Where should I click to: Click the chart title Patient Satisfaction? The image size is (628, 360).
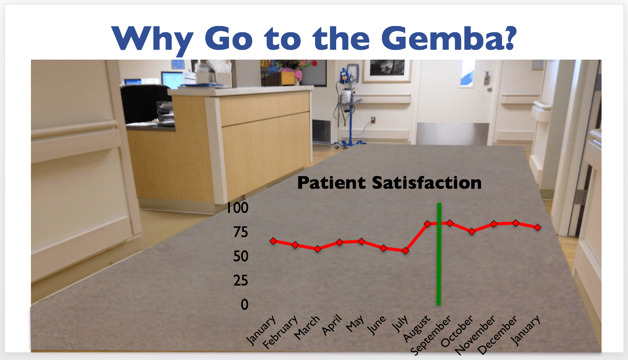point(390,182)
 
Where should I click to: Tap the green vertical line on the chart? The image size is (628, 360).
point(439,254)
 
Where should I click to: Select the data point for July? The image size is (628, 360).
point(405,251)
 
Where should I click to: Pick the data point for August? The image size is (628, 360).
point(428,224)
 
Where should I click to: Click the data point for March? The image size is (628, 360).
point(317,249)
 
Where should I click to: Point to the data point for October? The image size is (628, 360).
point(472,231)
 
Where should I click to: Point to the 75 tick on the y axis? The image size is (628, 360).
point(241,232)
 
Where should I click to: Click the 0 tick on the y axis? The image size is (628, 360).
point(244,305)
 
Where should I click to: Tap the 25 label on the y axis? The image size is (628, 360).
point(241,280)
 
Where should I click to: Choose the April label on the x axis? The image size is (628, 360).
point(332,325)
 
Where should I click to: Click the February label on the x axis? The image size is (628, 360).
point(280,332)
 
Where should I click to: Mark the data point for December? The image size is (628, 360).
point(515,223)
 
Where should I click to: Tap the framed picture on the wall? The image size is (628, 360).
point(387,71)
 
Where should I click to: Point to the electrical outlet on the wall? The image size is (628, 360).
point(373,120)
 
